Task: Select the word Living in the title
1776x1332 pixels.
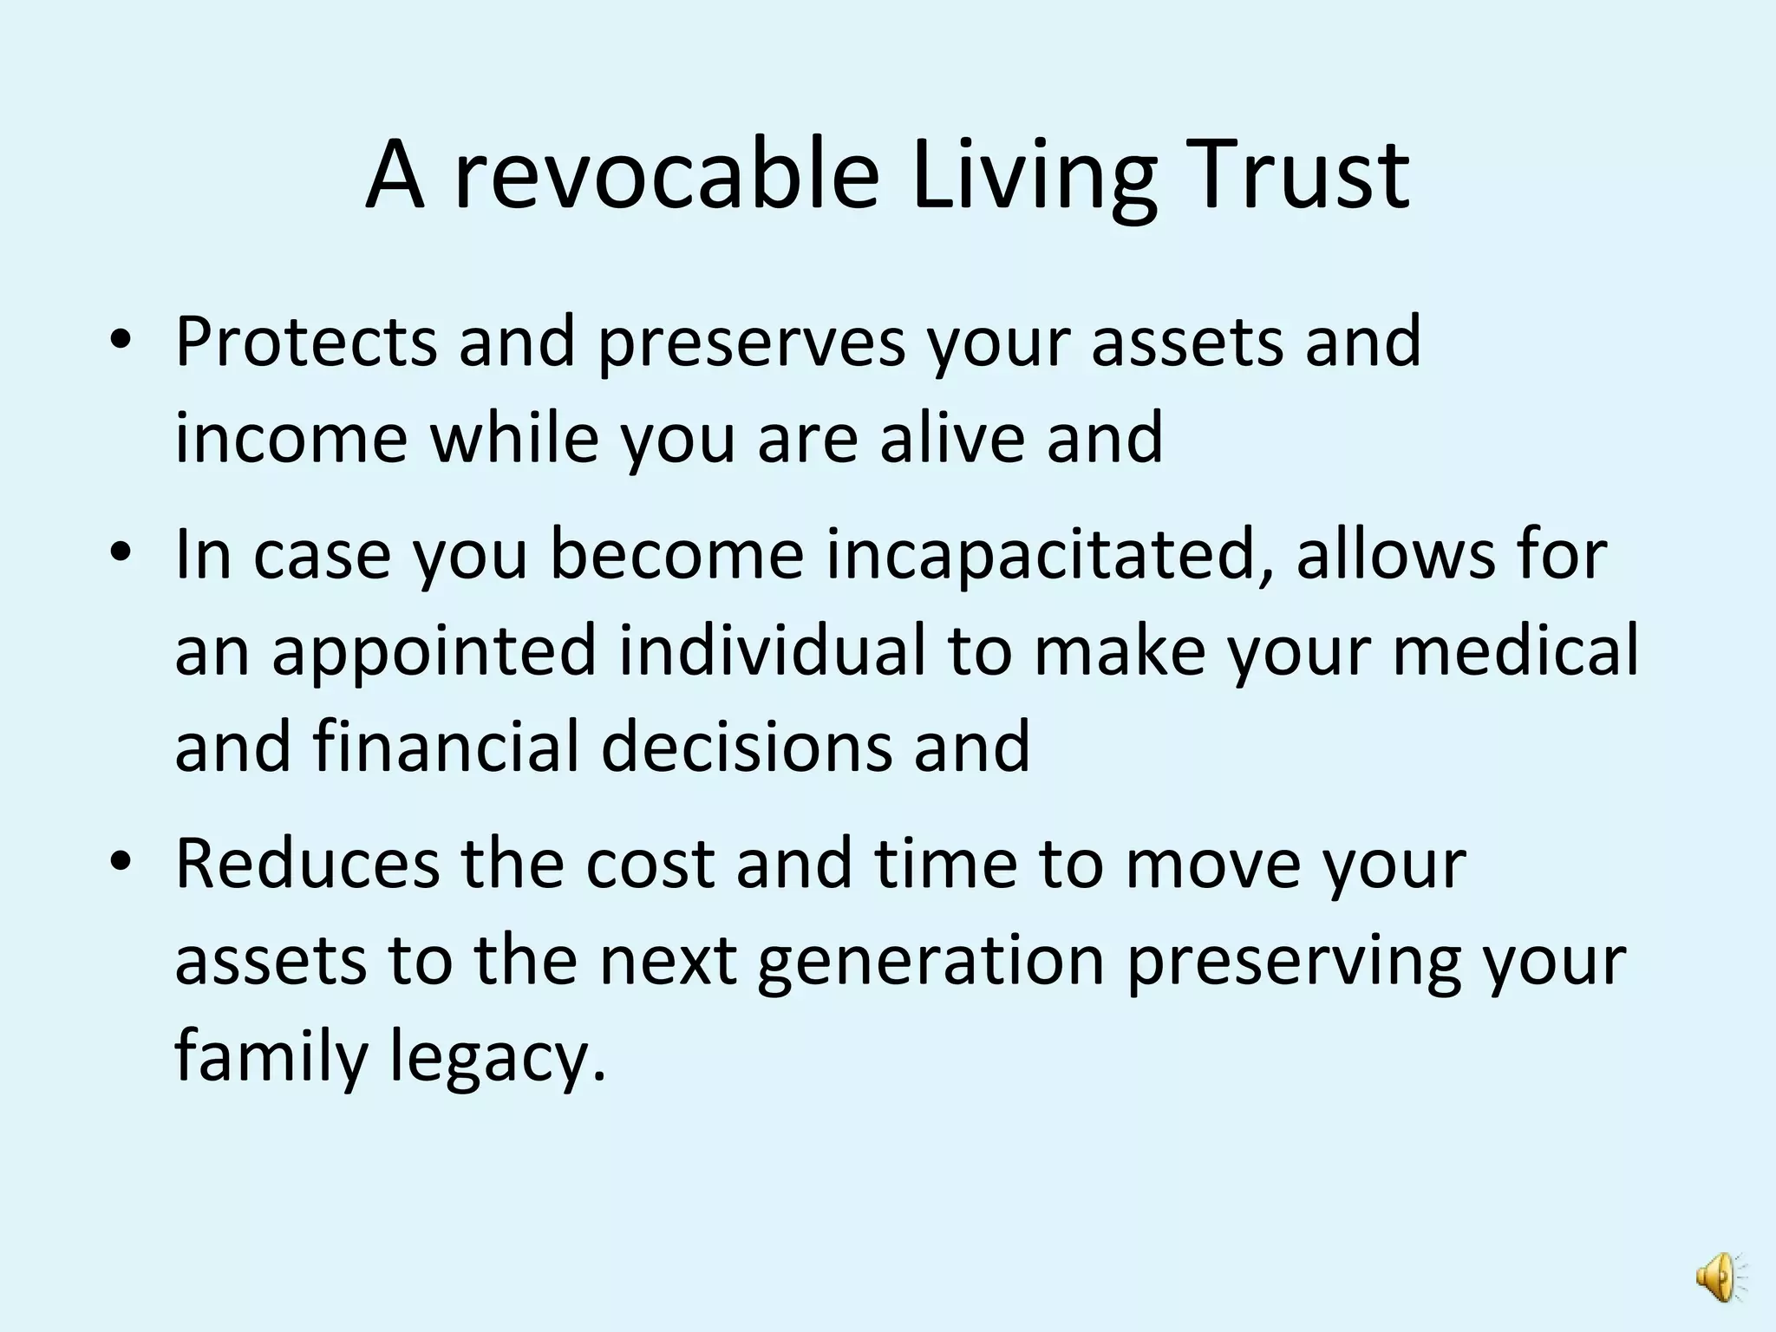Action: (x=1034, y=178)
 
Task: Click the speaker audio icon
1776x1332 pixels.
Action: (x=1719, y=1276)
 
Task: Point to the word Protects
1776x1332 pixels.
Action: (x=305, y=343)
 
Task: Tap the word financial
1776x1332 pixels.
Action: (x=445, y=746)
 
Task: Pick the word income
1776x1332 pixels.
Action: (x=291, y=438)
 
